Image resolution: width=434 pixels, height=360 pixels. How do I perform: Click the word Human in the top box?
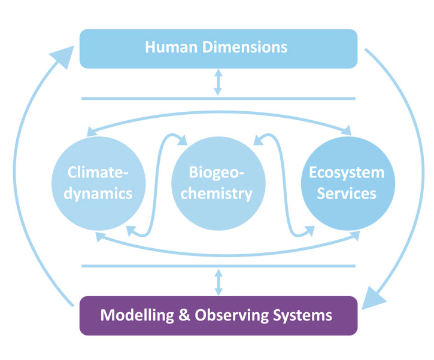point(171,47)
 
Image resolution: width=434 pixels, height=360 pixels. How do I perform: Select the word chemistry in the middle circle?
point(217,194)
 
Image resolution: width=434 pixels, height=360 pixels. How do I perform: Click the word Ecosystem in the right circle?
point(347,173)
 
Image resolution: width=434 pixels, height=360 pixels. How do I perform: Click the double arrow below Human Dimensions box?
point(218,83)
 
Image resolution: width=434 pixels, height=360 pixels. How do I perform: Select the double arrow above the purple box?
point(218,281)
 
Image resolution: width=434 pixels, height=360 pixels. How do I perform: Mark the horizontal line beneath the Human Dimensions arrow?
point(218,98)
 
